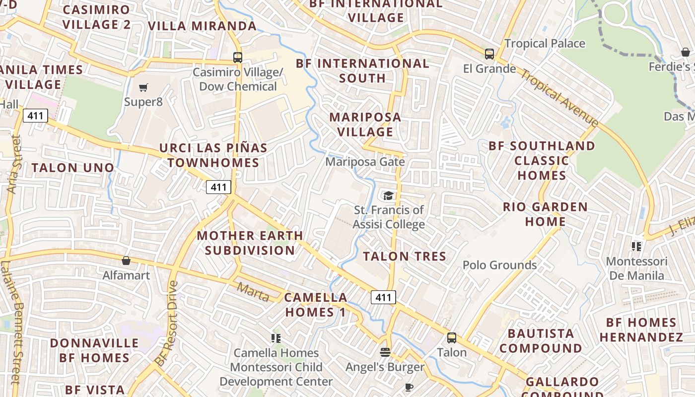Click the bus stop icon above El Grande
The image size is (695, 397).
(489, 54)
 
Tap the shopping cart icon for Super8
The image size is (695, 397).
(143, 88)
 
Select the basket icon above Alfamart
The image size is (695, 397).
(126, 261)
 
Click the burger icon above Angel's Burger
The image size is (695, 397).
(385, 352)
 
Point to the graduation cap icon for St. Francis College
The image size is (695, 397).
(388, 196)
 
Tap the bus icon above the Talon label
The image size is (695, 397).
(452, 338)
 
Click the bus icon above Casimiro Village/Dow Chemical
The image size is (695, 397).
(238, 58)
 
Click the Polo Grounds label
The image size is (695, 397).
(499, 265)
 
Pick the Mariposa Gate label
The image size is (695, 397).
(365, 162)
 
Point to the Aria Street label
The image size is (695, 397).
(13, 164)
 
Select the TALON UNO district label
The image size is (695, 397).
(73, 168)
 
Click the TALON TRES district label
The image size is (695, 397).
(405, 257)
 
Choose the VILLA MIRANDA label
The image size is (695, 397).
(202, 26)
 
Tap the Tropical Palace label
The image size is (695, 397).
(545, 44)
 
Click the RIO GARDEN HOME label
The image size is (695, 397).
(545, 214)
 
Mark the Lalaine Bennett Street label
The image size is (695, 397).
(10, 323)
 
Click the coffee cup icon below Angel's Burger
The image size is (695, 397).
(409, 387)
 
